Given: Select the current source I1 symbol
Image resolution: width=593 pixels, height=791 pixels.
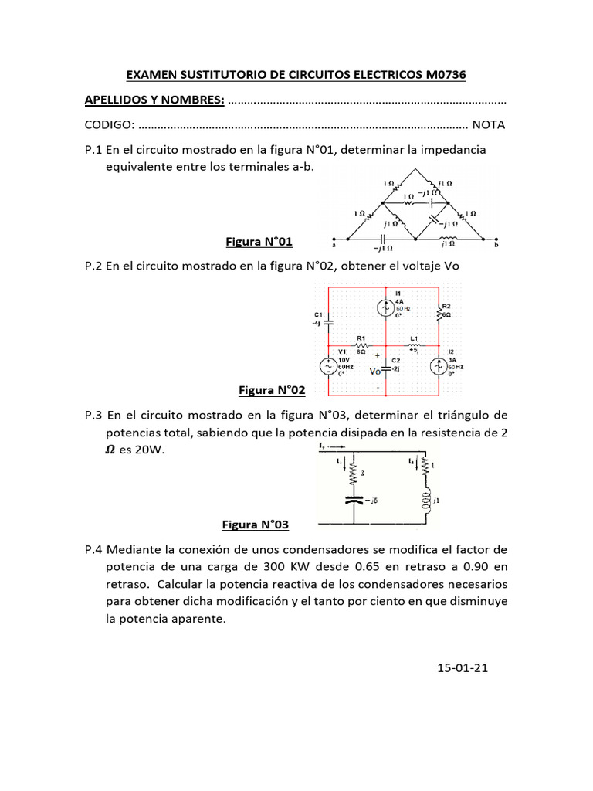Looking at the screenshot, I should click(385, 307).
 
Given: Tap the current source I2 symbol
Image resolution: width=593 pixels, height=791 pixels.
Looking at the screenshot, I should click(439, 365).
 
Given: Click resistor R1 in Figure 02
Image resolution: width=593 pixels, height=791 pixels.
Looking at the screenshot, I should click(360, 345).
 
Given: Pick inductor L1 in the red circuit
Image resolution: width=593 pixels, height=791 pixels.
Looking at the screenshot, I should click(415, 345).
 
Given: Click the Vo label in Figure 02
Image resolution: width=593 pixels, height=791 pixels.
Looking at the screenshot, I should click(374, 372).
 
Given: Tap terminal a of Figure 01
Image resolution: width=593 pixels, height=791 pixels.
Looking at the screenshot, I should click(333, 239).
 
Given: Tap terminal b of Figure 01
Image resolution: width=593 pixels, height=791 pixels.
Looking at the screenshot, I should click(496, 239).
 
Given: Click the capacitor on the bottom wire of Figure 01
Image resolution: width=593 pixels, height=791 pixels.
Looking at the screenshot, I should click(383, 239).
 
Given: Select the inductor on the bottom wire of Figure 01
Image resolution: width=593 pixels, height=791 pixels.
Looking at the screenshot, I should click(447, 239).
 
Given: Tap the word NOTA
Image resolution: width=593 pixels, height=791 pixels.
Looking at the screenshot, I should click(489, 124).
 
